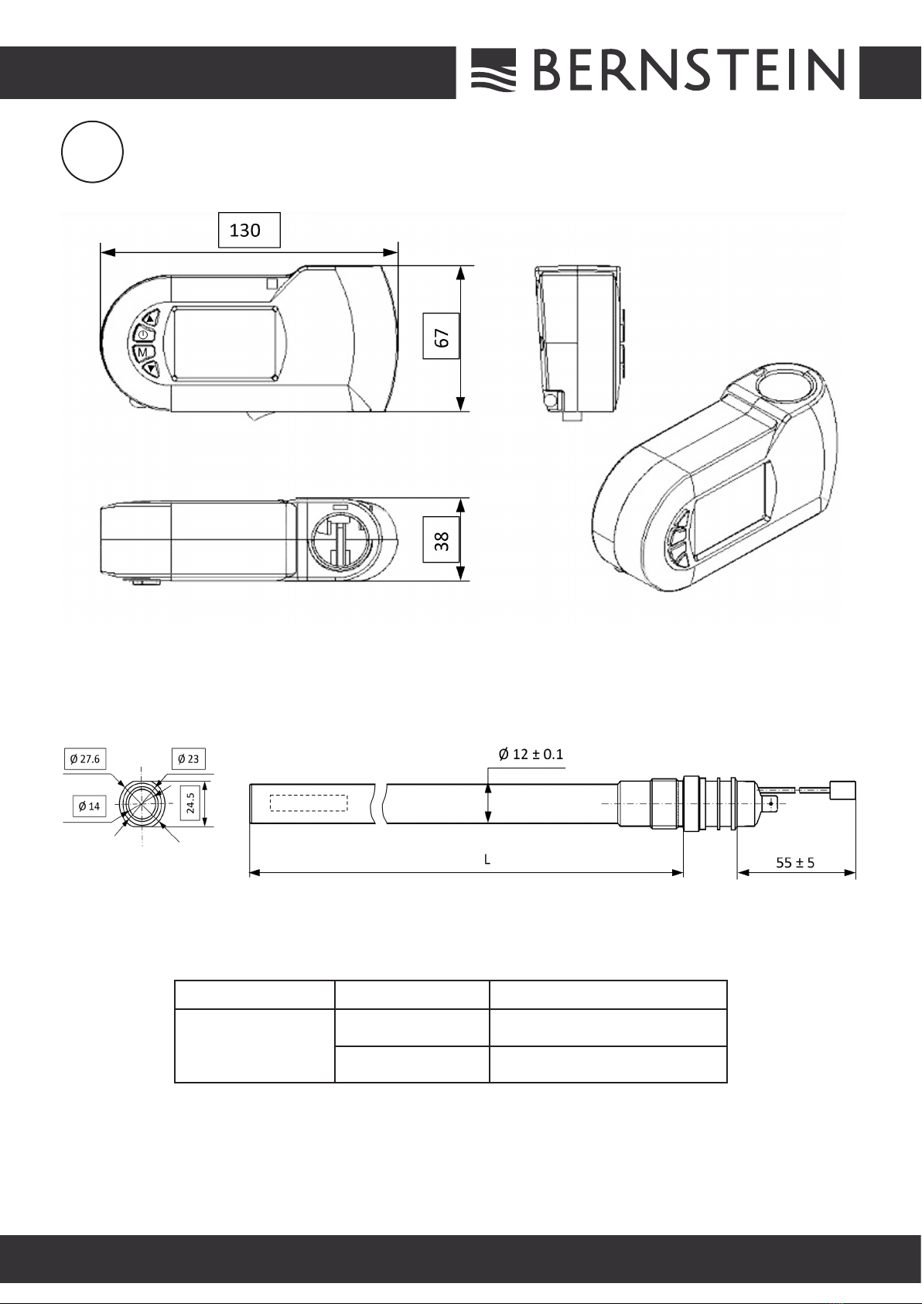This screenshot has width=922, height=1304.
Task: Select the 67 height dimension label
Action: [x=442, y=336]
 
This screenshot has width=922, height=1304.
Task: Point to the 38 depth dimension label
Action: [x=442, y=539]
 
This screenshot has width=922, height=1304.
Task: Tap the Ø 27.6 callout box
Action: [x=85, y=758]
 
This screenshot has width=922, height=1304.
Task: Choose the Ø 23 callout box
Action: [x=189, y=758]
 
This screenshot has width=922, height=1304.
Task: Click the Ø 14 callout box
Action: [x=90, y=806]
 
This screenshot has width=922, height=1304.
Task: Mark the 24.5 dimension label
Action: [x=190, y=803]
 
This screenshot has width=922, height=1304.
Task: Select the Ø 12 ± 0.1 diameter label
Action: [x=531, y=754]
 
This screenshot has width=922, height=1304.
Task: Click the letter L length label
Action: [x=487, y=859]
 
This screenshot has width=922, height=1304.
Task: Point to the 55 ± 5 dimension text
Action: [x=795, y=862]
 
